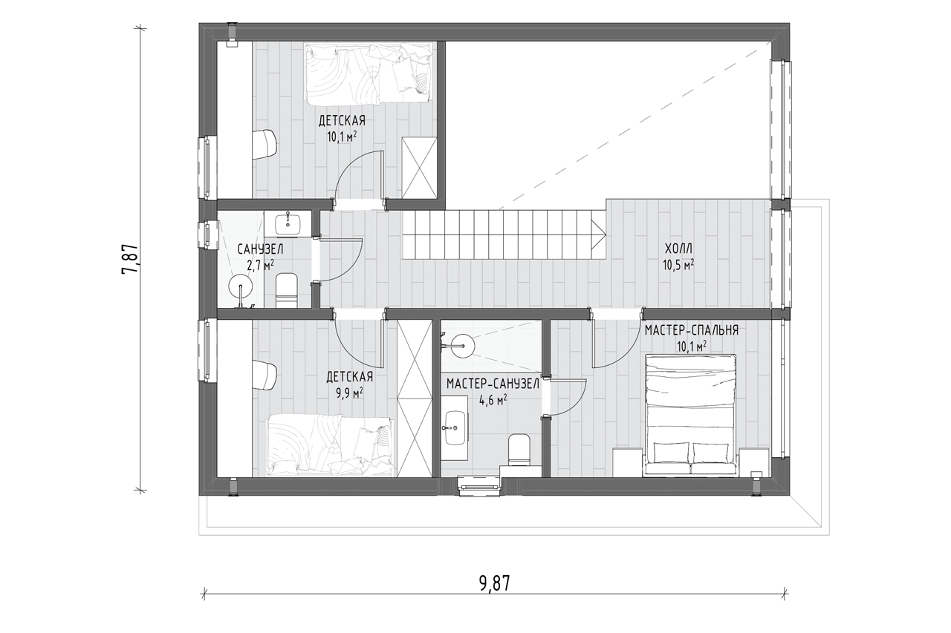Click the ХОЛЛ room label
678,248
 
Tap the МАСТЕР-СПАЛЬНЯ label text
692,330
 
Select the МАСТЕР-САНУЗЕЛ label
493,384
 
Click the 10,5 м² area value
678,265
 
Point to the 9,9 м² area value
349,393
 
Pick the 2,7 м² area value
260,266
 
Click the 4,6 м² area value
493,400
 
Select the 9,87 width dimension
494,583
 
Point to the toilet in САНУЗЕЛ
287,291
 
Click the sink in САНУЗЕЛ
288,224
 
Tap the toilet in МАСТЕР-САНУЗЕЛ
519,450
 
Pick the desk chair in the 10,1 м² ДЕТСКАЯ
265,145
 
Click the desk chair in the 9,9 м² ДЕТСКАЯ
265,375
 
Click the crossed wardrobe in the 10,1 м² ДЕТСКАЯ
420,168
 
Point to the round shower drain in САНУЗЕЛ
241,286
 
